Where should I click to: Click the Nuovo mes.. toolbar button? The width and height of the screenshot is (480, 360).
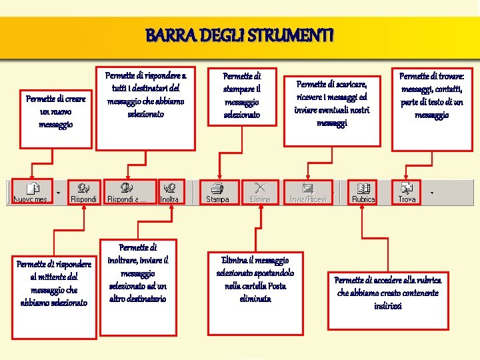(x=32, y=192)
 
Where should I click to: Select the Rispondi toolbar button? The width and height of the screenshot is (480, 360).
(x=84, y=192)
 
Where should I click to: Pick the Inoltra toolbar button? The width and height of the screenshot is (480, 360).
(x=171, y=192)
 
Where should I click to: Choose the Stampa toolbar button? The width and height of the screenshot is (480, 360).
(x=217, y=192)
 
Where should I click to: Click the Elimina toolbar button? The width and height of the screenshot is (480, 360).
(x=260, y=192)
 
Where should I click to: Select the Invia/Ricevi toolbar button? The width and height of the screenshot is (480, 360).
(x=307, y=192)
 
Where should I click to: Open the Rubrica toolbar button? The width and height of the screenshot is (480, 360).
(x=363, y=192)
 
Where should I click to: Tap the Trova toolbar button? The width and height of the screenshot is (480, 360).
(x=407, y=192)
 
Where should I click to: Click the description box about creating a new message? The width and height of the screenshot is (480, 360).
(x=56, y=111)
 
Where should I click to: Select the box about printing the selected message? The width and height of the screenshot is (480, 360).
(x=241, y=97)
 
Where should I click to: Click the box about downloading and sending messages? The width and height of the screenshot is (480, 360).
(x=332, y=103)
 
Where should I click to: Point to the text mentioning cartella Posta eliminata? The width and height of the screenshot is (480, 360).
(x=255, y=279)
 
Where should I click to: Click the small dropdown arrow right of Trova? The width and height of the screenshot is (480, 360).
(x=431, y=193)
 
